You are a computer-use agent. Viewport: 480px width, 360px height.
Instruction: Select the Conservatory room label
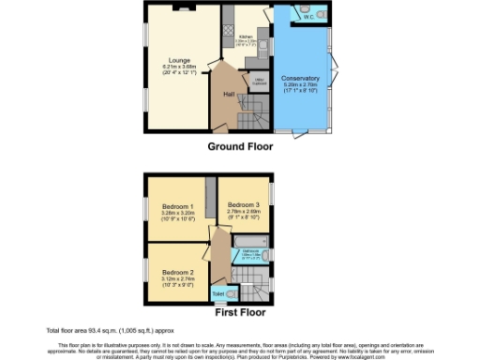point(300,78)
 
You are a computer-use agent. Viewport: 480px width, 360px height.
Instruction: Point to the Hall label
point(229,94)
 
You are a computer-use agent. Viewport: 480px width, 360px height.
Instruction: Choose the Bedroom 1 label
point(177,206)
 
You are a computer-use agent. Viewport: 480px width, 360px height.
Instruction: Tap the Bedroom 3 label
point(244,205)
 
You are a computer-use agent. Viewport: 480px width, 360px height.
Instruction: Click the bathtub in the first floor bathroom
point(250,255)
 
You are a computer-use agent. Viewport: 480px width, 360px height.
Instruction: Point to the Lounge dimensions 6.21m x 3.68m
point(179,66)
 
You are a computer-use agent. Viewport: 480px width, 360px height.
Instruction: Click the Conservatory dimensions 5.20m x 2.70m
point(300,86)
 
